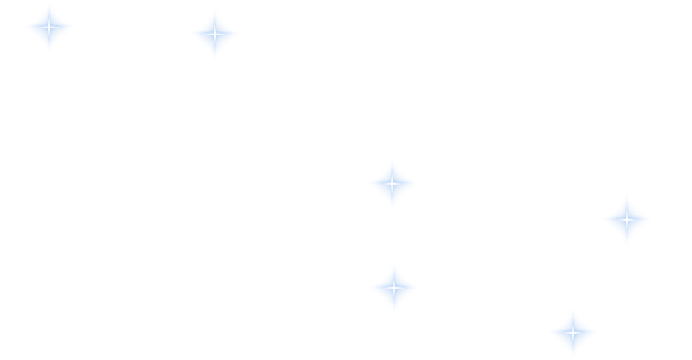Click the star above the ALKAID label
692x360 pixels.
[x=50, y=27]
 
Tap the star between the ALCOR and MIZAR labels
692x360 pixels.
[x=214, y=35]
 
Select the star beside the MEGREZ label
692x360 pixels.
[x=391, y=184]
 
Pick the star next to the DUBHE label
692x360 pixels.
[x=626, y=220]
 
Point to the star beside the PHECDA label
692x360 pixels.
[x=394, y=288]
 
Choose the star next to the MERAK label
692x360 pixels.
[x=572, y=332]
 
